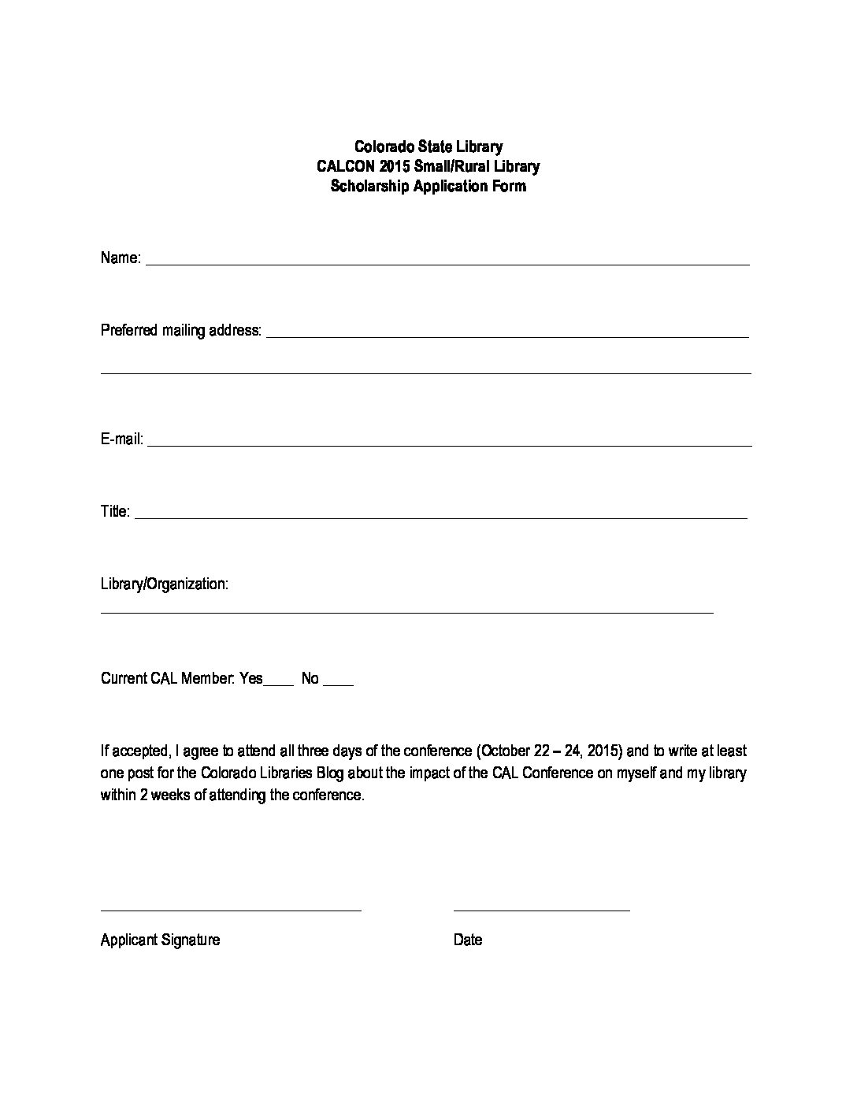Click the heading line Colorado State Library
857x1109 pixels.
[428, 147]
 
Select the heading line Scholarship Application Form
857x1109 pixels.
[428, 187]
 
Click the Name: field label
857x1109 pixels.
[121, 258]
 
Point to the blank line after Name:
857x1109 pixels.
[447, 263]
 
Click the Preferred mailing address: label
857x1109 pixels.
[181, 330]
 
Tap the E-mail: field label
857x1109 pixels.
[122, 439]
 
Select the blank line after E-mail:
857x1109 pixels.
[449, 444]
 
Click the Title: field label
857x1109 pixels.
[115, 511]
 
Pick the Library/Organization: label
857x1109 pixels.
[165, 584]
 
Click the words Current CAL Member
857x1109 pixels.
[167, 678]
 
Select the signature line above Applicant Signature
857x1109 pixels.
[231, 910]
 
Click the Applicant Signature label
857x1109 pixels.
[160, 940]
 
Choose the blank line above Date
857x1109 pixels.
[542, 910]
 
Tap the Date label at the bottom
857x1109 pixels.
[468, 940]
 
